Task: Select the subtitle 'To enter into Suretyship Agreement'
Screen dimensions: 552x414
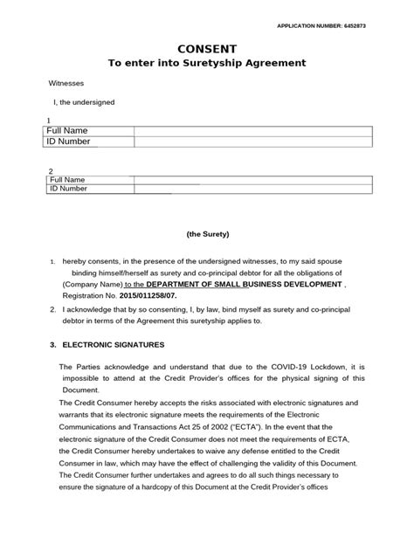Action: click(206, 64)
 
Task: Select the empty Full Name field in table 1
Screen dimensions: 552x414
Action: click(253, 131)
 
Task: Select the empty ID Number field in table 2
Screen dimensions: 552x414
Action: click(253, 189)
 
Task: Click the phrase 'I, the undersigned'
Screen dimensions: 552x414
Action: click(84, 102)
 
